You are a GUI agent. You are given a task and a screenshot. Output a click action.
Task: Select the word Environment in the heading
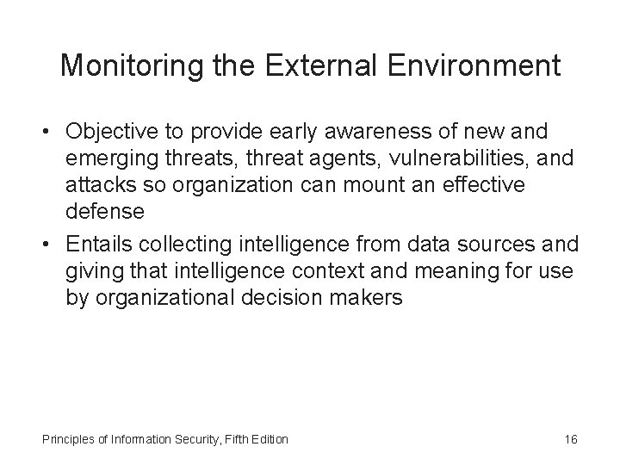coord(471,65)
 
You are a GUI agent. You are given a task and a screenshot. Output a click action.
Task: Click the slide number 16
coord(570,439)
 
